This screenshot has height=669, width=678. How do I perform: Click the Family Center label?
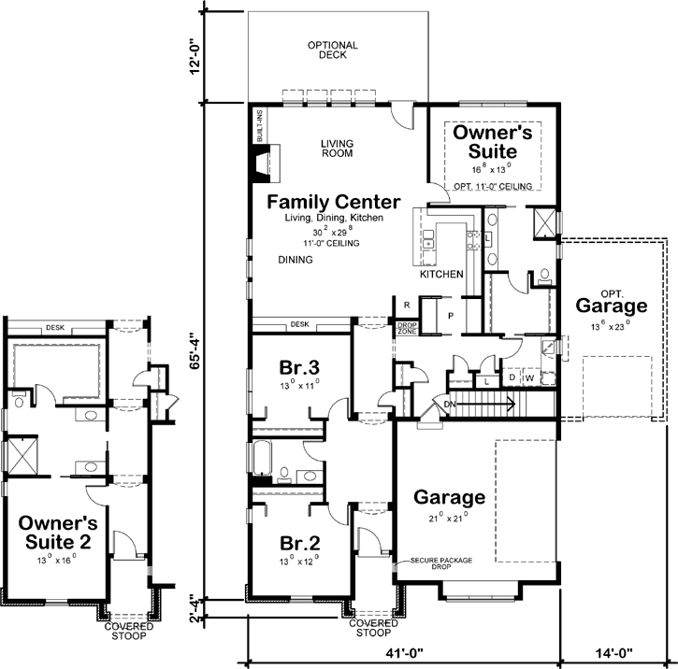[333, 202]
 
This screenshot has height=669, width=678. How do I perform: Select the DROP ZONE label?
[407, 328]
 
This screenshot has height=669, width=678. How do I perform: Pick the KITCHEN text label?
[441, 275]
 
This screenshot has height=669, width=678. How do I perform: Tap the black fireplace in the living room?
[259, 161]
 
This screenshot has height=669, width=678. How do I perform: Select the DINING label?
[296, 261]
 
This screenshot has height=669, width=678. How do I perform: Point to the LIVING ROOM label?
[337, 148]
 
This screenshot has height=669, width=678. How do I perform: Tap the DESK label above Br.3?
[299, 325]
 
